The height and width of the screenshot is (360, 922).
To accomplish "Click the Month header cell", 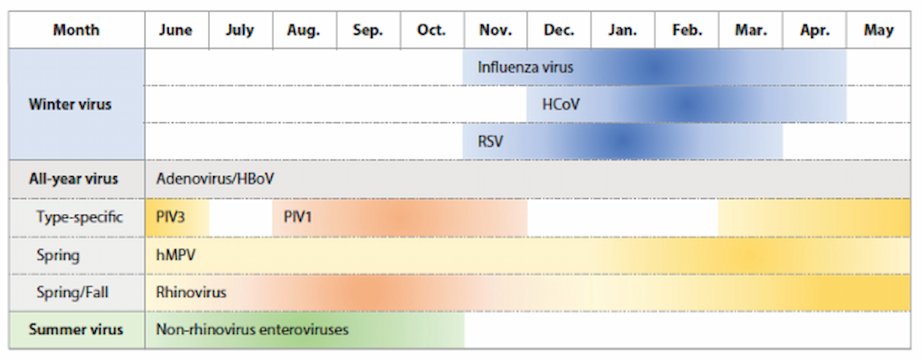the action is pyautogui.click(x=77, y=30).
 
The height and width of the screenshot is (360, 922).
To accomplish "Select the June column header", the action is pyautogui.click(x=176, y=30).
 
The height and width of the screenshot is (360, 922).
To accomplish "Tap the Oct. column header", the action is pyautogui.click(x=431, y=30).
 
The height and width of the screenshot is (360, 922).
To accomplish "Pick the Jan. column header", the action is pyautogui.click(x=623, y=30).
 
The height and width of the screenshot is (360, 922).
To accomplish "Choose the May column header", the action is pyautogui.click(x=879, y=30).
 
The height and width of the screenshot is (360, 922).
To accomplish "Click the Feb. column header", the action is pyautogui.click(x=687, y=30).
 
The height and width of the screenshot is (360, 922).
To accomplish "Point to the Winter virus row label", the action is pyautogui.click(x=70, y=104).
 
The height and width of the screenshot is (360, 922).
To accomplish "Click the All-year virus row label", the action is pyautogui.click(x=73, y=179).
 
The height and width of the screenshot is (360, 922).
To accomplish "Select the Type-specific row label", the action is pyautogui.click(x=80, y=217).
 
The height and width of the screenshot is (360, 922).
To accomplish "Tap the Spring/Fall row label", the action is pyautogui.click(x=72, y=292).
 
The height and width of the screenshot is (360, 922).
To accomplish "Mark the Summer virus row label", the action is pyautogui.click(x=75, y=329).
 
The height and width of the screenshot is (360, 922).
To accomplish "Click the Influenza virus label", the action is pyautogui.click(x=525, y=67).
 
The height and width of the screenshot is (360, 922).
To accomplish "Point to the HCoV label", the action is pyautogui.click(x=560, y=104).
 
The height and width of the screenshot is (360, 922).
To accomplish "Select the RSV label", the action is pyautogui.click(x=490, y=142).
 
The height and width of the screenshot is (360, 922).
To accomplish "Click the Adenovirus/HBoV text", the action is pyautogui.click(x=215, y=179).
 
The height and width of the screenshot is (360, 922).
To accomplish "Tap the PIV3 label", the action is pyautogui.click(x=171, y=217).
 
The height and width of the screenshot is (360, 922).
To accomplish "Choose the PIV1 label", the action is pyautogui.click(x=298, y=217).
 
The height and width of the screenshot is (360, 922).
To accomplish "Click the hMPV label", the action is pyautogui.click(x=176, y=255).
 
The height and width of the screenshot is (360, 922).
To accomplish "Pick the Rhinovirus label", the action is pyautogui.click(x=191, y=292).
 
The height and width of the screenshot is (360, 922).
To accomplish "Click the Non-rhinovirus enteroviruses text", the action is pyautogui.click(x=252, y=329).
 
